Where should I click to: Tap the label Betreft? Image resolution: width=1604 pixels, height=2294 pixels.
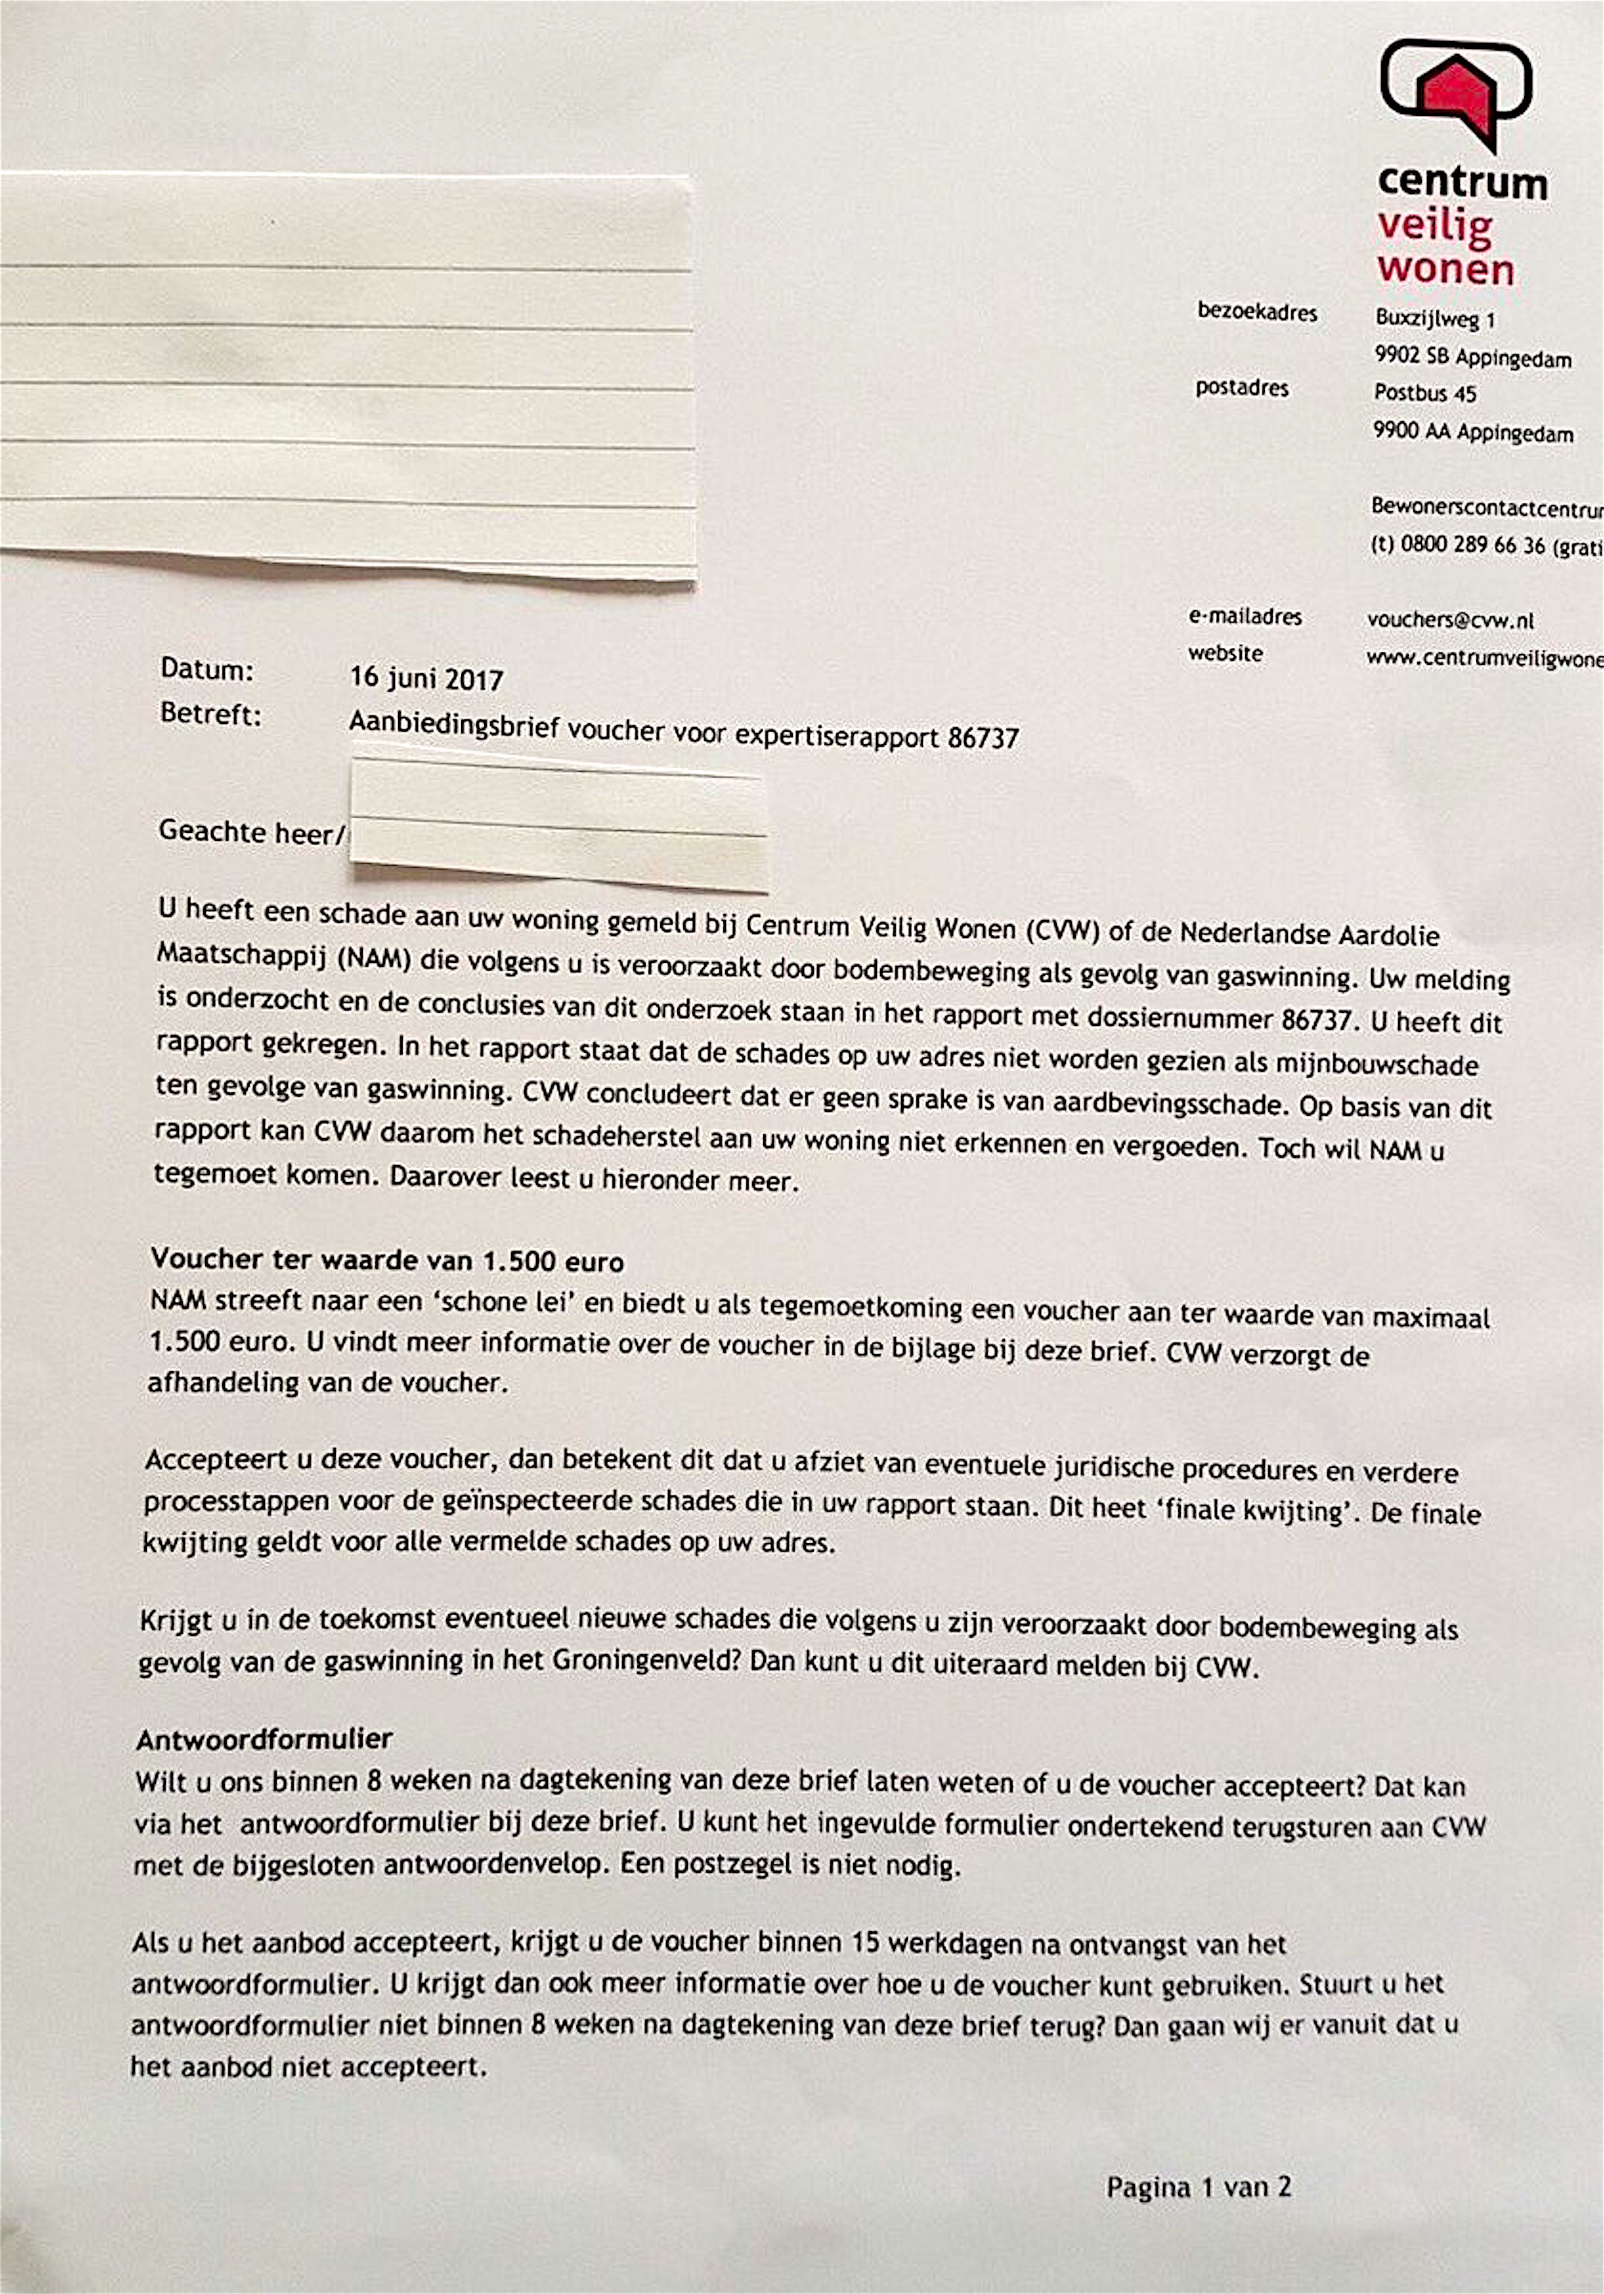[210, 715]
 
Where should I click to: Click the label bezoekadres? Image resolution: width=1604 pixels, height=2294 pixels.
[1256, 313]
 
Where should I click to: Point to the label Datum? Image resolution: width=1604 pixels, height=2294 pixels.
[207, 669]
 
